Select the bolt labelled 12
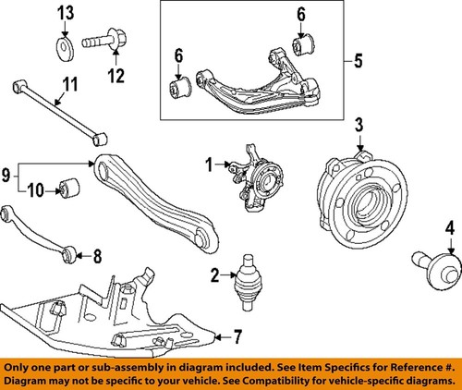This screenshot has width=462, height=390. click(x=103, y=43)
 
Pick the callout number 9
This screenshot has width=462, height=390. click(x=9, y=172)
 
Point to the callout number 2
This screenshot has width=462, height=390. click(x=213, y=274)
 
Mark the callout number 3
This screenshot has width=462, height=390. click(x=359, y=124)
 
